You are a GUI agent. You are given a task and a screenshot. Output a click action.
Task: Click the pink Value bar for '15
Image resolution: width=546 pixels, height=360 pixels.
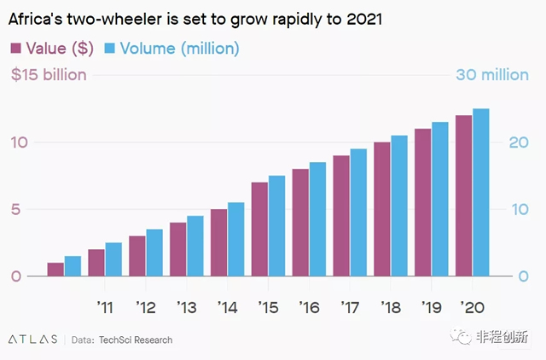pos(260,229)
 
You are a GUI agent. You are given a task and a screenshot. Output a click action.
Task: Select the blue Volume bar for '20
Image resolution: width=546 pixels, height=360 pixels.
pos(481,193)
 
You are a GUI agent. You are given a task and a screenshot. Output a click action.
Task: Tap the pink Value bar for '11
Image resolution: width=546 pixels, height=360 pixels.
pos(96,263)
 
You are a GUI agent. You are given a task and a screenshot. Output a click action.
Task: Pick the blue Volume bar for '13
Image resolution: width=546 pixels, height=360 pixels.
pos(195,247)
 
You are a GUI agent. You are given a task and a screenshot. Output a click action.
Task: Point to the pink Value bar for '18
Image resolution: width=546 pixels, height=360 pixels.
pos(382,210)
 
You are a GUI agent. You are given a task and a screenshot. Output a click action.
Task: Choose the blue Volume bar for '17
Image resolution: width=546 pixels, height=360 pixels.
pos(358,212)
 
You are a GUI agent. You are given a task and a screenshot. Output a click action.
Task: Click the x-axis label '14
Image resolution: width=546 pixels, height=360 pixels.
pos(227,306)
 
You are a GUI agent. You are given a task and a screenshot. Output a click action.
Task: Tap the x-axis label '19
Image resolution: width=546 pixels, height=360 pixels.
pos(431,306)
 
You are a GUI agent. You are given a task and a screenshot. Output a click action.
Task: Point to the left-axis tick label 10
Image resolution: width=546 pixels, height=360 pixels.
pos(19,142)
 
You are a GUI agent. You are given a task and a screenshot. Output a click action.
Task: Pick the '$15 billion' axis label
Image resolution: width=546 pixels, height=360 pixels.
pos(49,75)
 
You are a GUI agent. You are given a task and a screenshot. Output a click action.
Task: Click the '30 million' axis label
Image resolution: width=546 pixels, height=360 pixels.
pos(492,75)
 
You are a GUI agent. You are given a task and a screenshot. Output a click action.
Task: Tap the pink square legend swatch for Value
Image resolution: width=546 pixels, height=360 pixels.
pos(17,48)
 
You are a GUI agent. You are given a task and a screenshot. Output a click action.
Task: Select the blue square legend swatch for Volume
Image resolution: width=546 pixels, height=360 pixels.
pos(110,48)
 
